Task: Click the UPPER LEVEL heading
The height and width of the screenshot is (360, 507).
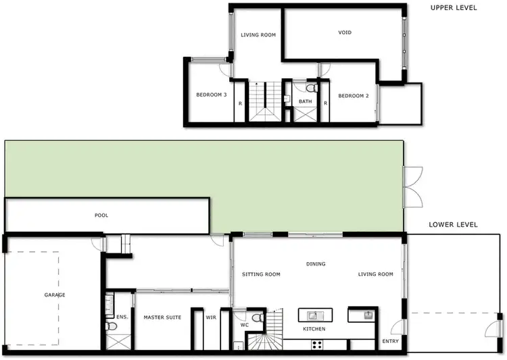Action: pyautogui.click(x=454, y=8)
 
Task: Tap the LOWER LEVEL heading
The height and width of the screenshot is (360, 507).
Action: pyautogui.click(x=454, y=224)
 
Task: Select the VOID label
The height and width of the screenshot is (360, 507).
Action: pyautogui.click(x=345, y=32)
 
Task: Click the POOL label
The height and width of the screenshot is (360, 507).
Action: pyautogui.click(x=101, y=215)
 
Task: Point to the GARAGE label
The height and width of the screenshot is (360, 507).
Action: pyautogui.click(x=55, y=295)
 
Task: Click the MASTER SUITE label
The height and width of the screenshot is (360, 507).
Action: pyautogui.click(x=162, y=317)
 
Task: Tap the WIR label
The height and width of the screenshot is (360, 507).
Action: pyautogui.click(x=210, y=317)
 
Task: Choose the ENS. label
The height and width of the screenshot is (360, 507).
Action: pyautogui.click(x=122, y=316)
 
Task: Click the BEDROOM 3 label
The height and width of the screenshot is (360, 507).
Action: pyautogui.click(x=211, y=95)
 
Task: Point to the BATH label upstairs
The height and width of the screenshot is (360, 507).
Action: pyautogui.click(x=306, y=102)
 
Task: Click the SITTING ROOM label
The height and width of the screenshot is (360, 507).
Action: pyautogui.click(x=261, y=274)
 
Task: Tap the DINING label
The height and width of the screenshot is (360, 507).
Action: pyautogui.click(x=316, y=264)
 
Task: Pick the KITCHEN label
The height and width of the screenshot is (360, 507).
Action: pyautogui.click(x=314, y=329)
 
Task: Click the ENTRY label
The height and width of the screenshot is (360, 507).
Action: pyautogui.click(x=391, y=341)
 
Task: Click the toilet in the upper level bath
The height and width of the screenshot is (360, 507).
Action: pyautogui.click(x=310, y=88)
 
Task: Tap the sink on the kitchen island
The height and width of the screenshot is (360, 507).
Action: pyautogui.click(x=314, y=315)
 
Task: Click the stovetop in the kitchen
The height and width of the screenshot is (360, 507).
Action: pyautogui.click(x=316, y=344)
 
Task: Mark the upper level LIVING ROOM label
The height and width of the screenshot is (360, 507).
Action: pyautogui.click(x=258, y=35)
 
